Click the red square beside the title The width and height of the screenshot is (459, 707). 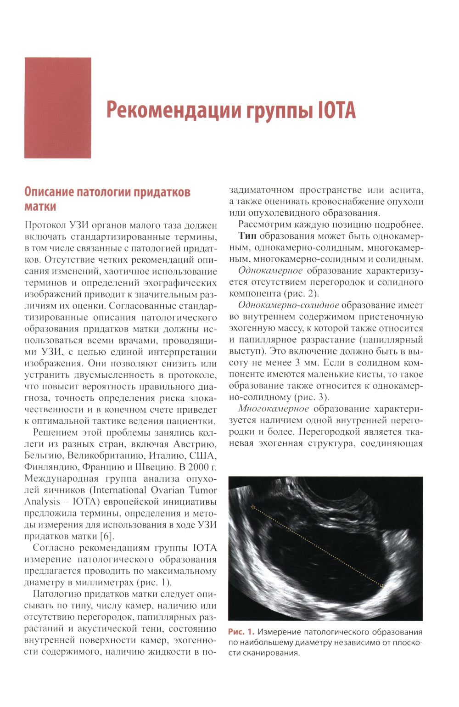(x=57, y=108)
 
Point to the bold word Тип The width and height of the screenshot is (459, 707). (x=247, y=236)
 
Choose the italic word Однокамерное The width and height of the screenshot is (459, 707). (x=270, y=271)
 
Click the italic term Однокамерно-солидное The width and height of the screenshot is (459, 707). (x=289, y=305)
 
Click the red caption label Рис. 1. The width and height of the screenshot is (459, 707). (x=241, y=632)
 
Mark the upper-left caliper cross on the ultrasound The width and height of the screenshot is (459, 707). (x=252, y=507)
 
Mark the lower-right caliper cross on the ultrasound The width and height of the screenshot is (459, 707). (x=382, y=586)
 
